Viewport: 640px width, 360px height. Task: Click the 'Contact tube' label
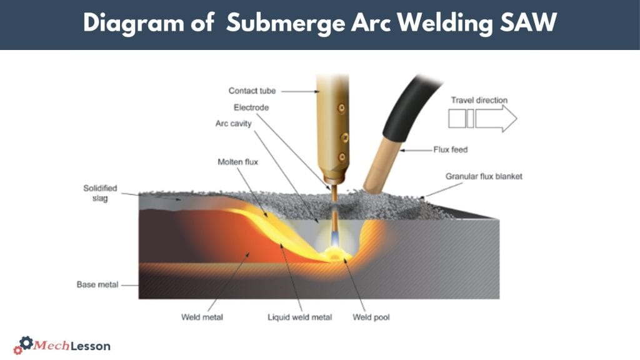tap(252, 91)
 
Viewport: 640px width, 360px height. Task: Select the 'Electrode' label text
tap(251, 107)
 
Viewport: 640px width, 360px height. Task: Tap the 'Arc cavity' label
tap(233, 124)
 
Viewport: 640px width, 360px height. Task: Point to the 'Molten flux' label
tap(237, 162)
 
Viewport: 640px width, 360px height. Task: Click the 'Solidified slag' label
tap(100, 192)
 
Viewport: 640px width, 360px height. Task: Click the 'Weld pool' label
tap(371, 317)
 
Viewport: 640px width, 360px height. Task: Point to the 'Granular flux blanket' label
tap(484, 176)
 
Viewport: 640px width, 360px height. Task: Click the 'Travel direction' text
tap(479, 100)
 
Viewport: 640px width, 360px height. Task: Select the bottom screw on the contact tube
tap(341, 156)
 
